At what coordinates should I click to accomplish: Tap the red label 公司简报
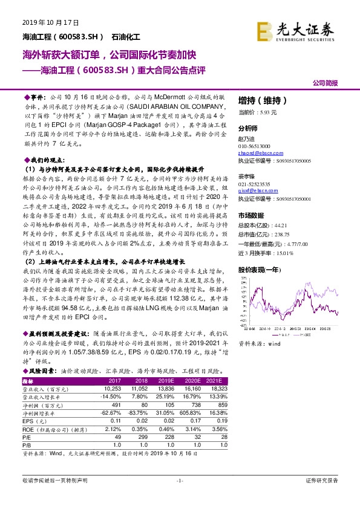[326, 83]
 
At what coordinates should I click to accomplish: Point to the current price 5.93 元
[267, 112]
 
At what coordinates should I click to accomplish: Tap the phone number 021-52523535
[255, 183]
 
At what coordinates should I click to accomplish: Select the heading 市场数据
[250, 215]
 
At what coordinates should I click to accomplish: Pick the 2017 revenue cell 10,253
[113, 389]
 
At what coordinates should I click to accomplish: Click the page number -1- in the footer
[179, 480]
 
